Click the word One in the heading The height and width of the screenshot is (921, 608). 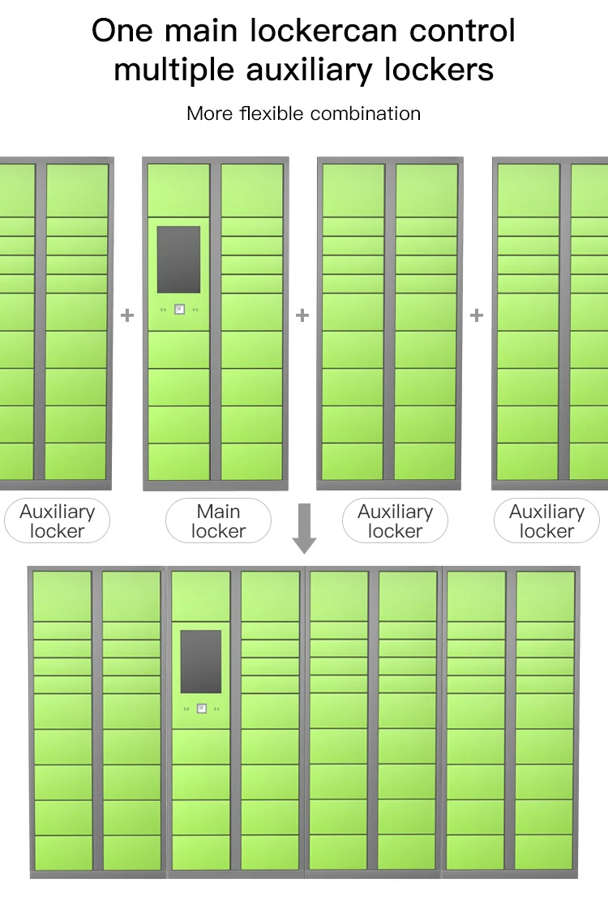tap(121, 32)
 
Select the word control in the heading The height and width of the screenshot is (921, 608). tap(462, 32)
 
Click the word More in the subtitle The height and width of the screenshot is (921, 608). tap(210, 114)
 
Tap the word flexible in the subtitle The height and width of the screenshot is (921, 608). tap(272, 114)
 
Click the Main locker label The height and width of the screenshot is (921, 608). tap(218, 521)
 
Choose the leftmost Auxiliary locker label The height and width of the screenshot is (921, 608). tap(57, 521)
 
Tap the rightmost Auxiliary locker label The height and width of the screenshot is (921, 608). tap(546, 521)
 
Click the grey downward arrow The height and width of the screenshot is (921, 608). tap(304, 528)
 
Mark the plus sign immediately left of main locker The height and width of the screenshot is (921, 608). tap(127, 315)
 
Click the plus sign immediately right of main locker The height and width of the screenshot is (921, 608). tap(302, 315)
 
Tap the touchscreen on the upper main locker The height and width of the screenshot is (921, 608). tap(178, 259)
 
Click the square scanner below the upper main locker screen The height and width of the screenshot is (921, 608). tap(179, 309)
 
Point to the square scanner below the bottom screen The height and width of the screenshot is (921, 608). tap(201, 708)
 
